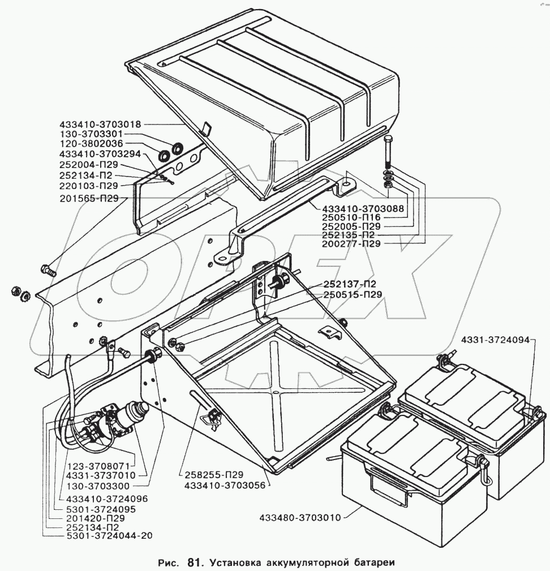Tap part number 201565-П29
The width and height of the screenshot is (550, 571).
90,198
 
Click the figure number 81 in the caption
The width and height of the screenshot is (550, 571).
194,563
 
